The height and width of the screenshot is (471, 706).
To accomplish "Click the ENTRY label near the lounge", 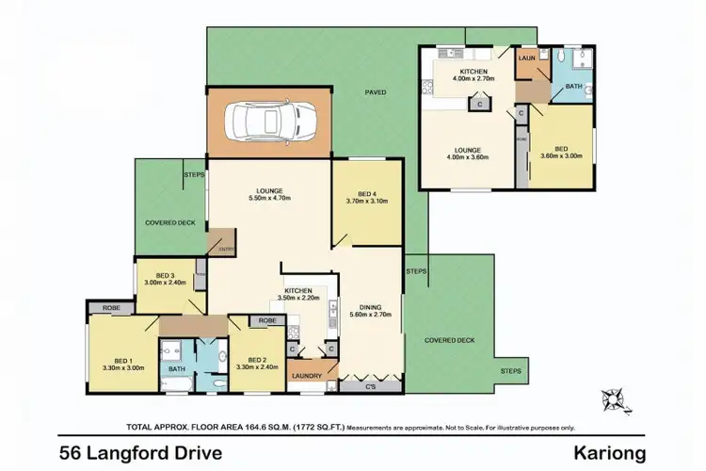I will (225, 249).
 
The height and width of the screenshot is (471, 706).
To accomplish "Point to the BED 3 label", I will (166, 278).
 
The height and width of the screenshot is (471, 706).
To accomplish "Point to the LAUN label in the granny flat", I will (527, 57).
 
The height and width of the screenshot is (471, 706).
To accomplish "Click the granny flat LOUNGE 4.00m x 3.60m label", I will (468, 154).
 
